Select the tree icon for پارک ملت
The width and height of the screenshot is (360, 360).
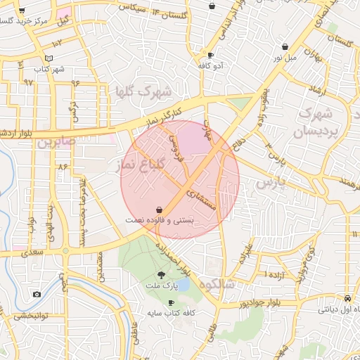(x=162, y=276)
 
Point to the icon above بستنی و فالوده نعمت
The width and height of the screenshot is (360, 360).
(x=161, y=210)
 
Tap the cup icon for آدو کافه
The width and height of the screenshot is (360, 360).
(x=210, y=55)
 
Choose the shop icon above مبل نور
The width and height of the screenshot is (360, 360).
(x=285, y=46)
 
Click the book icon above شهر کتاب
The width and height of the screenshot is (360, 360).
(x=48, y=58)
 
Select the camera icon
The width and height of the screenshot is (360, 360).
(x=37, y=294)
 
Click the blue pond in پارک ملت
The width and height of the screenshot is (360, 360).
(x=182, y=285)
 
